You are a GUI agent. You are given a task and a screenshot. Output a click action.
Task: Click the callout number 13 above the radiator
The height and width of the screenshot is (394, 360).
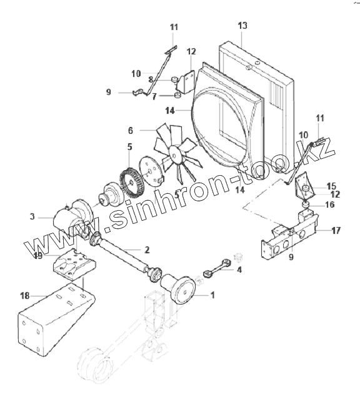[242, 26]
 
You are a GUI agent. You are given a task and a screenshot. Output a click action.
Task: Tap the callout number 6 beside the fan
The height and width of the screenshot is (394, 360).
[130, 131]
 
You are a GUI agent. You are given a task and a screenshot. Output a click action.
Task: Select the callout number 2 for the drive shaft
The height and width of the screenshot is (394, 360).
[147, 250]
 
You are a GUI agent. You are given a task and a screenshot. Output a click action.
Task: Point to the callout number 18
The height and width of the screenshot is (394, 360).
[24, 296]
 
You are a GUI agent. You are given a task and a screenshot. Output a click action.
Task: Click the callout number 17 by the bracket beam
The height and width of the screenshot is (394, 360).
[336, 230]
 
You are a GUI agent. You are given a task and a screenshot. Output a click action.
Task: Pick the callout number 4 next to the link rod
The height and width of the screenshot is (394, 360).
[239, 270]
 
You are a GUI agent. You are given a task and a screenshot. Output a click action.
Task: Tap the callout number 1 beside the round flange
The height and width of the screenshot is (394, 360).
[212, 295]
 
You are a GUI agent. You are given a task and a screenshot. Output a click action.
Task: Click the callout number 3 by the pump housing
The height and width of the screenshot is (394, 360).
[32, 216]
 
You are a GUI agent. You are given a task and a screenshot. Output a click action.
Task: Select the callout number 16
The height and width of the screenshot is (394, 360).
[330, 205]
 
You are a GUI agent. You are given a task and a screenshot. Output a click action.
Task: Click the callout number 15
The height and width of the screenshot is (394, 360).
[331, 186]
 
